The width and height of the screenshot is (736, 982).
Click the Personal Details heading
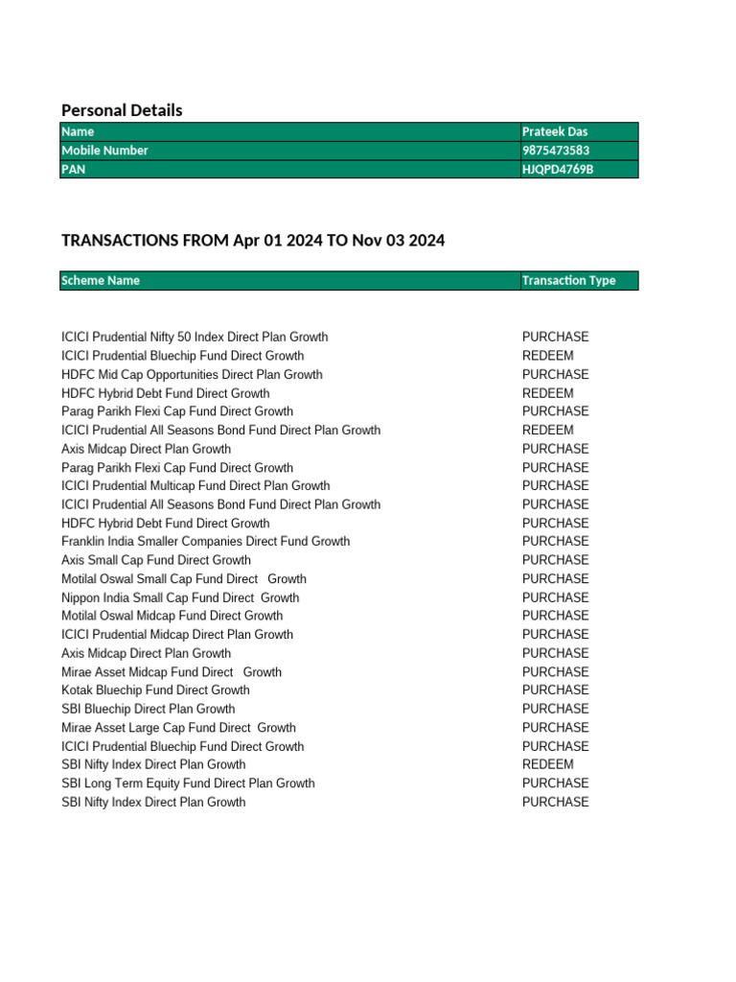tap(122, 110)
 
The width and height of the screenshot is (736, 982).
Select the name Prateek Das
tap(555, 131)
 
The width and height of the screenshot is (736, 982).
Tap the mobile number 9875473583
tap(556, 151)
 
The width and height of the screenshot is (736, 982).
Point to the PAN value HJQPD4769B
tap(558, 169)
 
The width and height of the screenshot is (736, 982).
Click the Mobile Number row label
tap(104, 151)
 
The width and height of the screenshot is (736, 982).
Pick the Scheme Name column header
tap(101, 281)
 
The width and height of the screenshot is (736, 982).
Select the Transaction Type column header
tap(568, 281)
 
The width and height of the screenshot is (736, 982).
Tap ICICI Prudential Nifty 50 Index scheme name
tap(195, 338)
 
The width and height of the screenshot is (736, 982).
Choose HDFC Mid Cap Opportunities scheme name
tap(192, 375)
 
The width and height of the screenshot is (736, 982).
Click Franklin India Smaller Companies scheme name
tap(205, 542)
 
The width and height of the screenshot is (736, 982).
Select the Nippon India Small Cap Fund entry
tap(180, 597)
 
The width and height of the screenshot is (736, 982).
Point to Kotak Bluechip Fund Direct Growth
tap(155, 690)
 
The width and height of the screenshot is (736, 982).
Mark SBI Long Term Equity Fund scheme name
tap(188, 783)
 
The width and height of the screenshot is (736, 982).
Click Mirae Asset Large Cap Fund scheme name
tap(178, 728)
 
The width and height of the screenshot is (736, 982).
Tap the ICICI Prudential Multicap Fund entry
tap(195, 486)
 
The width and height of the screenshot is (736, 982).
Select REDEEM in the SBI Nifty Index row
tap(548, 765)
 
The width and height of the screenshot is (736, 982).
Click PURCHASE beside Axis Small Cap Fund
tap(556, 560)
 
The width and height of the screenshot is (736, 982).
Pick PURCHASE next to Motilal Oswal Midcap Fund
tap(556, 616)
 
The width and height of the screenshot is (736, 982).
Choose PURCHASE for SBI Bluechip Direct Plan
tap(556, 709)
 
